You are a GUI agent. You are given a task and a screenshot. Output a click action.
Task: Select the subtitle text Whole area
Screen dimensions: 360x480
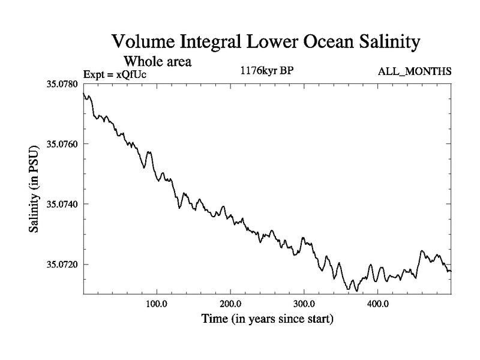(158, 61)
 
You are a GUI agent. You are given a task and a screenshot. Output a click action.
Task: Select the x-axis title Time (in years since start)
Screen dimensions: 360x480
(267, 319)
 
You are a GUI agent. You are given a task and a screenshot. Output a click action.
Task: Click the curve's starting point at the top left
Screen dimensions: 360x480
(83, 94)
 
